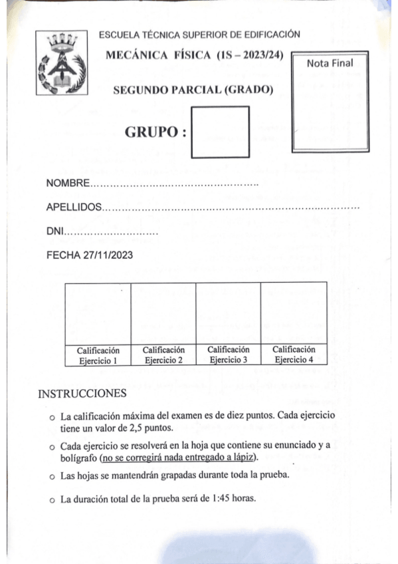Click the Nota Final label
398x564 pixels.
coord(330,63)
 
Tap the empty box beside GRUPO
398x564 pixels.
coord(220,132)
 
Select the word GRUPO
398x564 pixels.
coord(151,132)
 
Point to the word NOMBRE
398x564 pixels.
coord(67,183)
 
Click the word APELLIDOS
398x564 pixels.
coord(74,208)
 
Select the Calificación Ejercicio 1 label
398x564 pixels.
coord(98,355)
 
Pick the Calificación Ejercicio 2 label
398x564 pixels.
coord(163,355)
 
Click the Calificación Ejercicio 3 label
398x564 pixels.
coord(228,355)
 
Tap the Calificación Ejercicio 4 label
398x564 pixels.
coord(294,355)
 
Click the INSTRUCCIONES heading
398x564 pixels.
coord(82,393)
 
